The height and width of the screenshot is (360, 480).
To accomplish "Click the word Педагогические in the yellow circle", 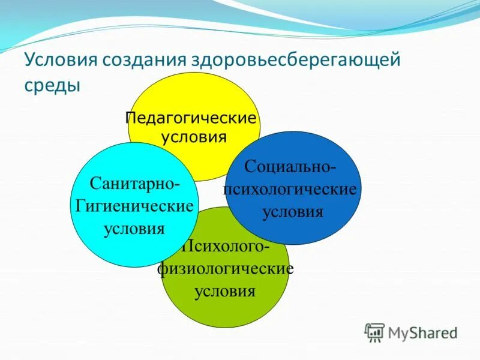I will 191,117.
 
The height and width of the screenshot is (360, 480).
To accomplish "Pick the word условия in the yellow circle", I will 194,137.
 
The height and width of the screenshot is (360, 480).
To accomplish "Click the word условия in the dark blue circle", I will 293,212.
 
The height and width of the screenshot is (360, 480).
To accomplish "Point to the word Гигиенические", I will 134,206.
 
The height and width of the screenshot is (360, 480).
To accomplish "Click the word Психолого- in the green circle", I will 226,247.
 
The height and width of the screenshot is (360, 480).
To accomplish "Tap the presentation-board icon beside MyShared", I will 374,332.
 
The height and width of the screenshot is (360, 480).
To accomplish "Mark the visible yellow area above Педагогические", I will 192,90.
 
